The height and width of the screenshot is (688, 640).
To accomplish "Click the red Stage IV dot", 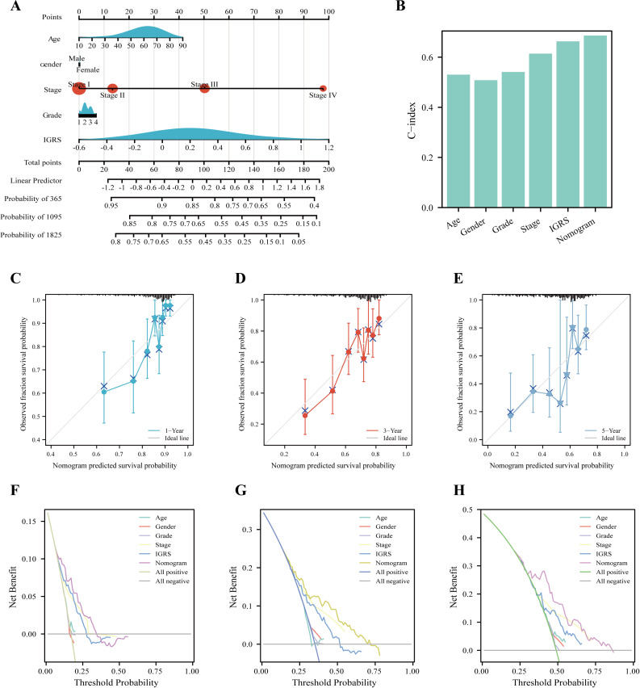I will click(323, 88).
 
